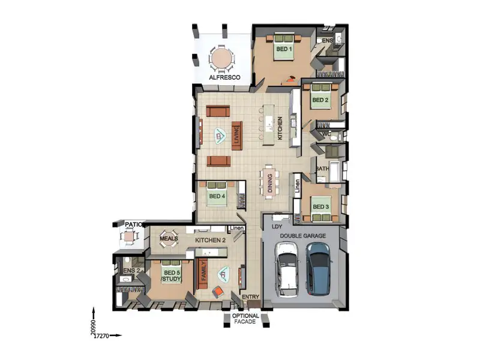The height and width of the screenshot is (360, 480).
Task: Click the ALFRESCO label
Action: tap(224, 78)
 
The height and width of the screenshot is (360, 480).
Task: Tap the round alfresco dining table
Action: tap(222, 59)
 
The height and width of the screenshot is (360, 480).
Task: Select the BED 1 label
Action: tap(283, 49)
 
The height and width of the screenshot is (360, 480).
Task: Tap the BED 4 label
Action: tap(217, 196)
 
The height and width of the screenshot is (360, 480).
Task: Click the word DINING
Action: tap(271, 184)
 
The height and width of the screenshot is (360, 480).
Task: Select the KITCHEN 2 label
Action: tap(210, 240)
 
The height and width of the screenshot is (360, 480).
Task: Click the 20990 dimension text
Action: tap(93, 326)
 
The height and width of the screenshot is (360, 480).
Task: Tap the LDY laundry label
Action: tap(277, 227)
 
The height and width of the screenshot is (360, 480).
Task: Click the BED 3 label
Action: tap(320, 207)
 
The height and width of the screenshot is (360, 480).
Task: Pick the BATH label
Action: tap(322, 169)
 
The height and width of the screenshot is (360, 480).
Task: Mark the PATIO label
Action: tap(133, 224)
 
